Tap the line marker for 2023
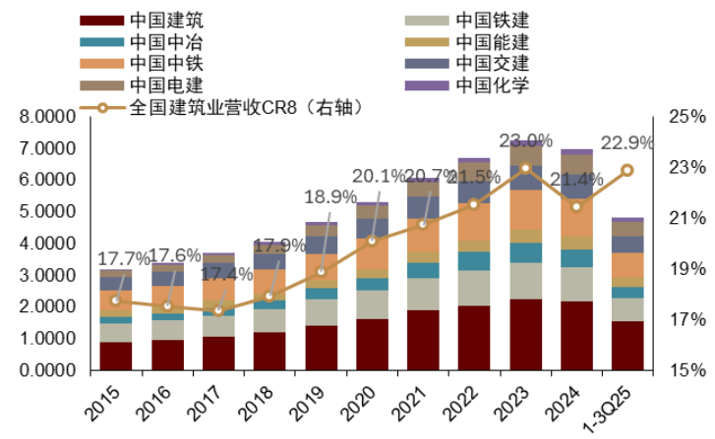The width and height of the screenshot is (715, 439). pos(525,168)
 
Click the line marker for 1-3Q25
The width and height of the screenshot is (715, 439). pos(626,171)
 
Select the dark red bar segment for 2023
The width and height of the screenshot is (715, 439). pos(525,335)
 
